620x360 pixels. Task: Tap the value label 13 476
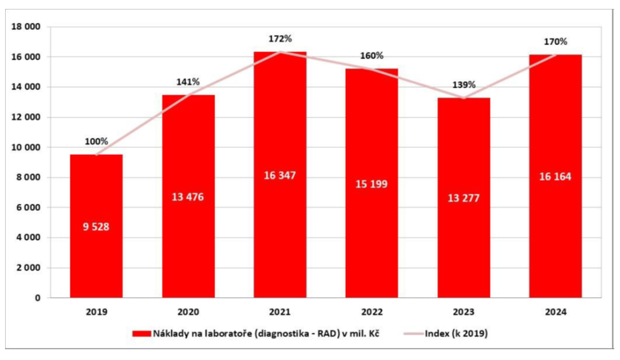click(x=188, y=196)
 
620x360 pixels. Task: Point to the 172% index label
click(x=280, y=39)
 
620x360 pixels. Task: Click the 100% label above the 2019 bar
click(x=96, y=141)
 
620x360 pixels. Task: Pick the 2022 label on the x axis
click(x=372, y=312)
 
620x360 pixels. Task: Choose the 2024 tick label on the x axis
click(x=555, y=312)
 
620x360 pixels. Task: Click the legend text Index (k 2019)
click(x=456, y=334)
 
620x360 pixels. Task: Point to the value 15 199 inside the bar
click(x=372, y=184)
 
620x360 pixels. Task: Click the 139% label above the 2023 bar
click(x=463, y=84)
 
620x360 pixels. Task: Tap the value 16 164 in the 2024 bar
click(x=555, y=177)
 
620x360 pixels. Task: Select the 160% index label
click(x=372, y=55)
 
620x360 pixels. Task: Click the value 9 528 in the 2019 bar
click(x=96, y=226)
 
